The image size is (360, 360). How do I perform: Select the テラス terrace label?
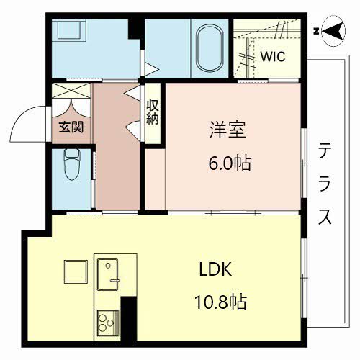tap(325, 184)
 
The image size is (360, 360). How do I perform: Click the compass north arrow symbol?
tap(331, 30)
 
